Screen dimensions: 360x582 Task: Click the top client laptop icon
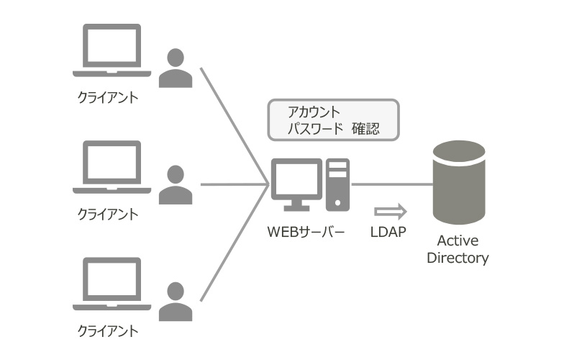tap(112, 50)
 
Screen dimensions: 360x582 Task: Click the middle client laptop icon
tap(112, 167)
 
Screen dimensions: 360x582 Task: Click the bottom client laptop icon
tap(112, 284)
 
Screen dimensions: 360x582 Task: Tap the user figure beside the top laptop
tap(176, 68)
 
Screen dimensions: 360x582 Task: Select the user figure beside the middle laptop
tap(176, 185)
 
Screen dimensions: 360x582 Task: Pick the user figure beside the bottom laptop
tap(176, 302)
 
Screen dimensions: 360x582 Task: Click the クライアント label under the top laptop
tap(107, 96)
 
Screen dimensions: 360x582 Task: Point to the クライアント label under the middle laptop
tap(107, 214)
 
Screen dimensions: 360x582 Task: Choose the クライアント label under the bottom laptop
tap(107, 331)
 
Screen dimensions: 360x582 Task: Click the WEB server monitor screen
tap(296, 180)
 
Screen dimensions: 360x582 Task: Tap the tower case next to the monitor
tap(337, 184)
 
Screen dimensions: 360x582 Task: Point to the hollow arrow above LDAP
tap(391, 212)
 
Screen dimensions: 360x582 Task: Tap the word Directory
tap(458, 258)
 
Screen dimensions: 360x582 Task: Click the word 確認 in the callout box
tap(365, 129)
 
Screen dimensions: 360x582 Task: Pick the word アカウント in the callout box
tap(314, 112)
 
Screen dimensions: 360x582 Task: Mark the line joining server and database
tap(392, 184)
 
